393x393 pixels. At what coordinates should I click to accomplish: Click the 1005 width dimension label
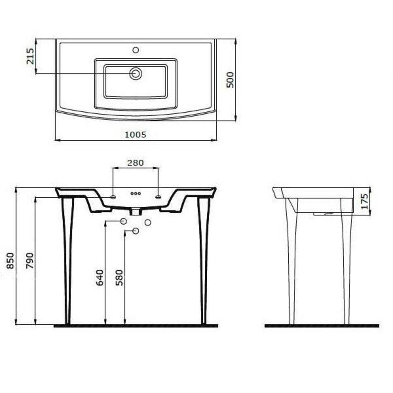coord(135,134)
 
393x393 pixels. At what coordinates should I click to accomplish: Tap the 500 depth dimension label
coord(230,80)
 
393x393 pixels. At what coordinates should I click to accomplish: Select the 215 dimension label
coord(30,56)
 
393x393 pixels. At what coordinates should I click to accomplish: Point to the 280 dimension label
coord(135,163)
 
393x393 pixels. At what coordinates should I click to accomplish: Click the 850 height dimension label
coord(10,261)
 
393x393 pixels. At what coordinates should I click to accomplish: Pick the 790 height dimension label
coord(30,261)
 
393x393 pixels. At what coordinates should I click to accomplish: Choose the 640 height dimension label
coord(100,278)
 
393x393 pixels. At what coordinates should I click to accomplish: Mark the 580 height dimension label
coord(120,278)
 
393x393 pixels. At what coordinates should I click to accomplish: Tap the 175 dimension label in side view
coord(364,201)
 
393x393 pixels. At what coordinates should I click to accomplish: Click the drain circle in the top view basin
coord(136,74)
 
